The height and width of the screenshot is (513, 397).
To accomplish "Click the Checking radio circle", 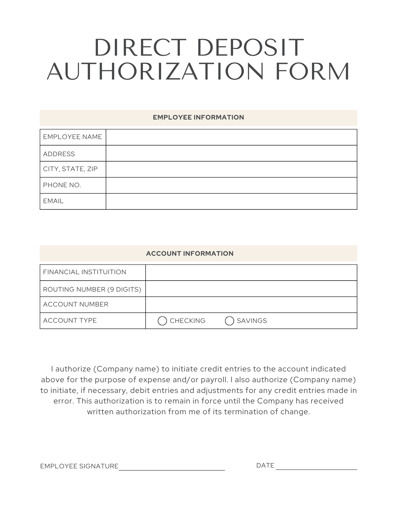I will coord(162,321).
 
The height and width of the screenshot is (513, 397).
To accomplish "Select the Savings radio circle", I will coord(229,321).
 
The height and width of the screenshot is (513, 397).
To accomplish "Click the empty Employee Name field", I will coord(231,137).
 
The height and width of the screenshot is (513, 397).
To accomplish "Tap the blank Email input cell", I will coord(231,201).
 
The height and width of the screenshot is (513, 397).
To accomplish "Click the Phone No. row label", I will coord(62,185).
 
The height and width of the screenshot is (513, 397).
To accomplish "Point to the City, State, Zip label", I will coord(70,169).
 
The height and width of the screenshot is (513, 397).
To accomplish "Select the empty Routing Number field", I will coord(251,289).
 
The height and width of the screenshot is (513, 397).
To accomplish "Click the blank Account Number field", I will coord(251,305).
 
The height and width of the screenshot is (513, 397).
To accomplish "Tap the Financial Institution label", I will coord(85,272).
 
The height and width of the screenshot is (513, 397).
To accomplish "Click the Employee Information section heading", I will coord(198,117).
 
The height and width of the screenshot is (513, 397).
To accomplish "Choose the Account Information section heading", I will coord(190,254).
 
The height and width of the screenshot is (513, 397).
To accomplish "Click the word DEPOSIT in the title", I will coord(251,48).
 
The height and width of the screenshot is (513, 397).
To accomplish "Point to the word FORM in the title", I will coord(312,72).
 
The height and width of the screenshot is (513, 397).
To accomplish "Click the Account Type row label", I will coord(70,321).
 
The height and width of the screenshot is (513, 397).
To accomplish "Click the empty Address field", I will coord(231,153).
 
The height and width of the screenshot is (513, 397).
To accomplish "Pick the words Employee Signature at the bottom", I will coord(79,466).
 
